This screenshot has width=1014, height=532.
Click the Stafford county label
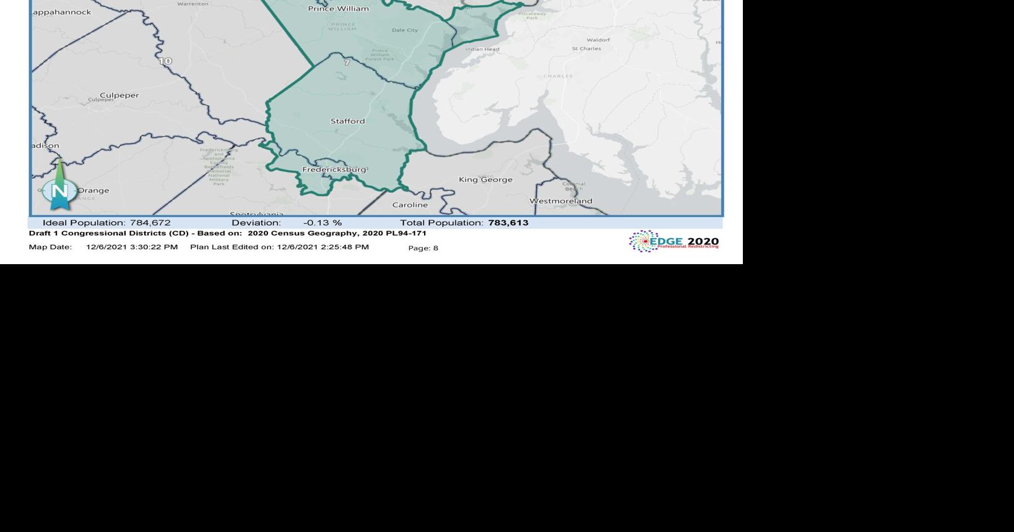coord(347,121)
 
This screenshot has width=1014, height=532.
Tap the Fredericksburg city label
coord(334,169)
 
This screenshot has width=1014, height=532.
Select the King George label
coord(485,180)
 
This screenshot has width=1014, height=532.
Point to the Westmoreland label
coord(561,201)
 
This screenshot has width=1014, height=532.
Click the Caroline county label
coord(410,205)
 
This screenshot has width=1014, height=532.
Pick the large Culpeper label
coord(119,95)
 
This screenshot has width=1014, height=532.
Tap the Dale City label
coord(405,30)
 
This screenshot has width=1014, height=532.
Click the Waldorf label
coord(598,40)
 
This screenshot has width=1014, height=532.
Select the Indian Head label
coord(482,49)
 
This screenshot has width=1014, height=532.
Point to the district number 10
coord(165,61)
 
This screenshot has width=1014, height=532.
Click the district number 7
coord(347,62)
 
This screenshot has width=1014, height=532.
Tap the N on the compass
coord(59,191)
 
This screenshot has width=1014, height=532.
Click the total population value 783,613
coord(508,223)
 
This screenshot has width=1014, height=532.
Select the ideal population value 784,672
coord(150,223)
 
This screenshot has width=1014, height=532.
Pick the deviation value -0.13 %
coord(323,223)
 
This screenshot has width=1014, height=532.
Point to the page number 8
coord(436,248)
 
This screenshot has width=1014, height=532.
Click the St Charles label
coord(586,49)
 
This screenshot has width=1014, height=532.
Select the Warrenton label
coord(193,4)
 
